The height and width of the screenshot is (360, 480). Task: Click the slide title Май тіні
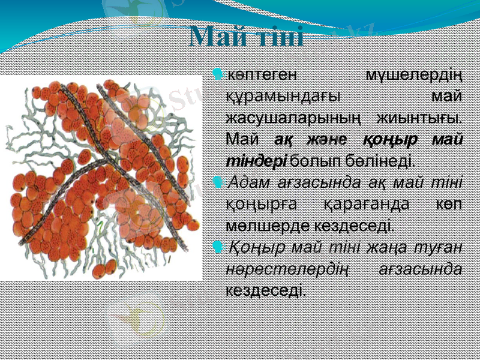pos(247,37)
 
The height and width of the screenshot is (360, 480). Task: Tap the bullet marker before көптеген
pos(217,75)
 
